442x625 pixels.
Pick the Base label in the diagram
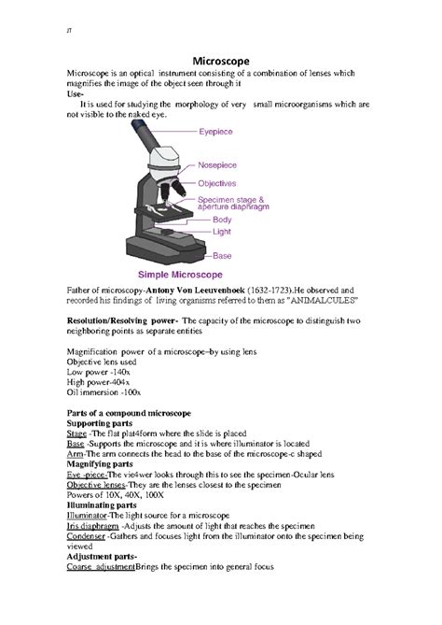pyautogui.click(x=222, y=255)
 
